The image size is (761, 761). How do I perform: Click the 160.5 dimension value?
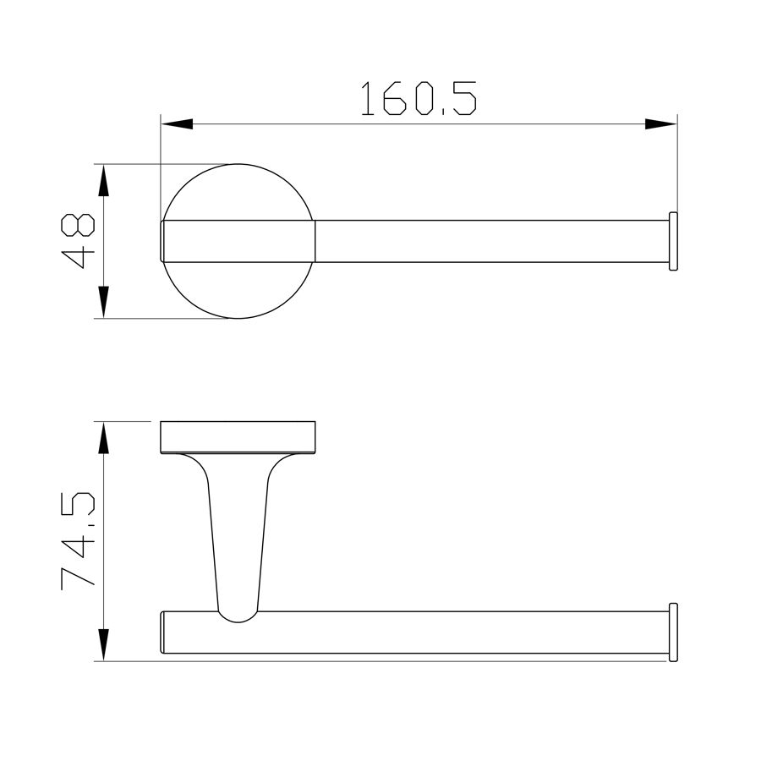(x=419, y=99)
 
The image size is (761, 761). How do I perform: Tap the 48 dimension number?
(x=78, y=241)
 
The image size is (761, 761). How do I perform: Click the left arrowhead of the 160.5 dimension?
(x=177, y=124)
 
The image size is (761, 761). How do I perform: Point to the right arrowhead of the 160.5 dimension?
(x=661, y=124)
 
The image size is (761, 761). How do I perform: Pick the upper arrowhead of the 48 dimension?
(x=103, y=180)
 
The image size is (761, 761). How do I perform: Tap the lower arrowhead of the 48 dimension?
(x=103, y=303)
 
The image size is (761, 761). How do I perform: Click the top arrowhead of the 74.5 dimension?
(x=103, y=438)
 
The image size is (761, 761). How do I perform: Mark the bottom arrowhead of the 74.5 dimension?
(x=103, y=645)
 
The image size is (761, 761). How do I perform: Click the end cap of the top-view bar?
(x=673, y=241)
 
